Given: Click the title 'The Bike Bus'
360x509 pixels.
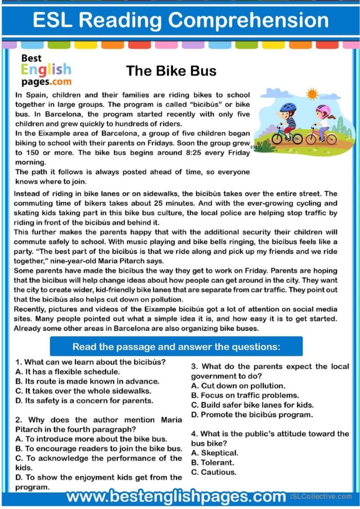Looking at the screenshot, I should click(171, 71).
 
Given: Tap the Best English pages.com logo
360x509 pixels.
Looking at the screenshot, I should click(46, 70).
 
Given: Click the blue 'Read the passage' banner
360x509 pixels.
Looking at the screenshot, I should click(176, 347).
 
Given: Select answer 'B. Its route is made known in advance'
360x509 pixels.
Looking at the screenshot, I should click(87, 381).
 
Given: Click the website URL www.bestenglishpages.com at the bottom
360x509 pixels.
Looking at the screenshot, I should click(176, 497).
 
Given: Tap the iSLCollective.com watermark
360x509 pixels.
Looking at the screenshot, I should click(321, 497).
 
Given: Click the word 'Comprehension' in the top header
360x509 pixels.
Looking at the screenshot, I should click(249, 20).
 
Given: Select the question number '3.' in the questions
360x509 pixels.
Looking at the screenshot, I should click(194, 366).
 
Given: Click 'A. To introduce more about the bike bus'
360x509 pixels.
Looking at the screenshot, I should click(91, 439).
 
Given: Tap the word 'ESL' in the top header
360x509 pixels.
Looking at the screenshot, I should click(52, 20).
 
